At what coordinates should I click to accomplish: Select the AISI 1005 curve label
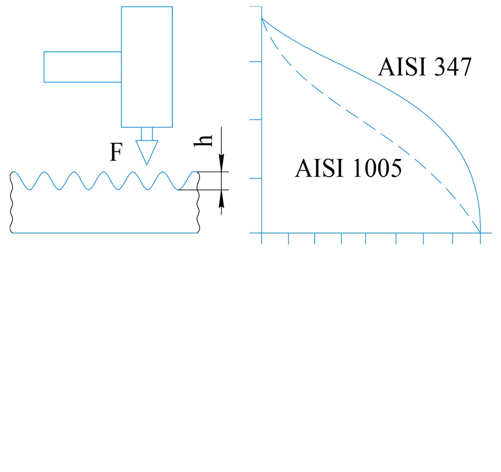pos(348,168)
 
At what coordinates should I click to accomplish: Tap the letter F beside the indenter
pos(116,153)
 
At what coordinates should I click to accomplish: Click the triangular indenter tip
pos(147,151)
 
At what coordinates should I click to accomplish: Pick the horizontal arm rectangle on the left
pos(82,67)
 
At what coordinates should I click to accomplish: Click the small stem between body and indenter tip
pos(147,134)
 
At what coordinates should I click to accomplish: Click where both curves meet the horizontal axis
pos(481,233)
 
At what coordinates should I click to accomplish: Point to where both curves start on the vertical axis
pos(262,18)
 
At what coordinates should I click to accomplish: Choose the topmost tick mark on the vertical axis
pos(256,7)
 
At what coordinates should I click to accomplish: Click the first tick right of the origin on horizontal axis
pos(288,239)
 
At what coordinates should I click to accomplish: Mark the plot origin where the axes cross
pos(262,233)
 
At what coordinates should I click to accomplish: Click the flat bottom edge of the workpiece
pos(105,233)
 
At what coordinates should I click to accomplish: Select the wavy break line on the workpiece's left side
pos(11,203)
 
